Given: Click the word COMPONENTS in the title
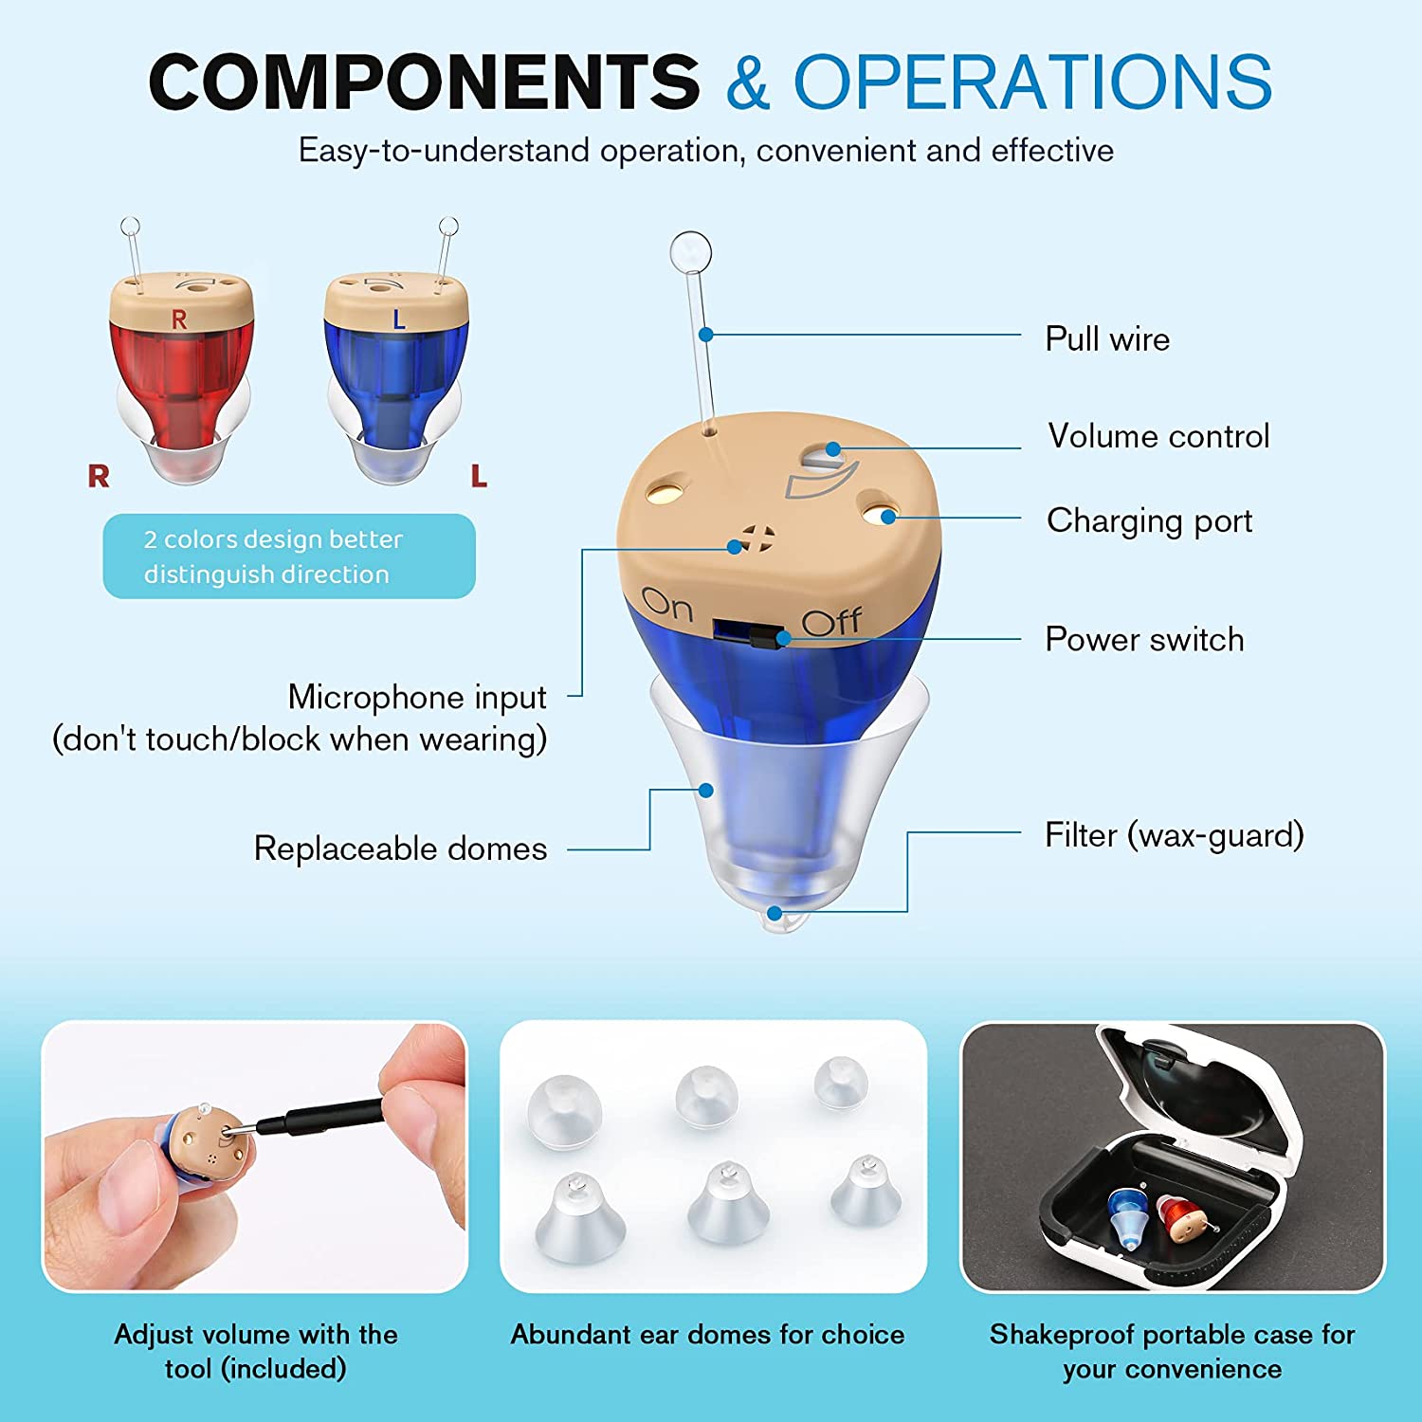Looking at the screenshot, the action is click(x=424, y=82).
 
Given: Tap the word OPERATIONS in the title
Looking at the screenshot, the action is click(x=1032, y=82).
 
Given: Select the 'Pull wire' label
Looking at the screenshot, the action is click(x=1107, y=339).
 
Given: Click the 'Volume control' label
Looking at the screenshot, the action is click(x=1158, y=436).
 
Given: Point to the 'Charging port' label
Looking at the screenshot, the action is click(x=1149, y=521).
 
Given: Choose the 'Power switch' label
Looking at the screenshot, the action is click(x=1144, y=640).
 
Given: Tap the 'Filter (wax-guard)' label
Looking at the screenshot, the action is click(x=1175, y=835).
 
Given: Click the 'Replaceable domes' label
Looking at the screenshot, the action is click(x=400, y=848).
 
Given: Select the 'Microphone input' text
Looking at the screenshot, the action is click(x=417, y=698).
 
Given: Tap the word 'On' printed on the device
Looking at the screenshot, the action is click(x=667, y=606).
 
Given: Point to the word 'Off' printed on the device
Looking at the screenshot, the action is click(x=831, y=622).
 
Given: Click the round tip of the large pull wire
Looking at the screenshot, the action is click(x=690, y=252).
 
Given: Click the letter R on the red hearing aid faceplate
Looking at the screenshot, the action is click(x=179, y=320).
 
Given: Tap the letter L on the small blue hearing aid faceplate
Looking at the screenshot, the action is click(x=399, y=320).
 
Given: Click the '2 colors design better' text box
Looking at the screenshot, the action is click(x=289, y=556).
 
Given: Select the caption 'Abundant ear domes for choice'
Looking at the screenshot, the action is click(x=708, y=1335).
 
